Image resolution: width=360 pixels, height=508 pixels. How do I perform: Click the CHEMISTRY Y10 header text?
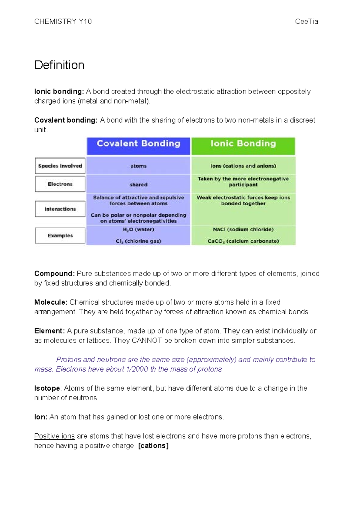(x=63, y=22)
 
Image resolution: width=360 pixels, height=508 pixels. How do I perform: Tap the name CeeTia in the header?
(x=306, y=22)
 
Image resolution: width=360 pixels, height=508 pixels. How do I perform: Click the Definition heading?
(x=59, y=65)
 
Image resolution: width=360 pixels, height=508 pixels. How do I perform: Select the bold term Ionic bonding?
(x=59, y=91)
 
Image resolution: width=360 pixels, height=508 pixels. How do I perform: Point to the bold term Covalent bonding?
(x=66, y=120)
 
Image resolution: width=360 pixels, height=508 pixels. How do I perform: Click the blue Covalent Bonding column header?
(x=138, y=144)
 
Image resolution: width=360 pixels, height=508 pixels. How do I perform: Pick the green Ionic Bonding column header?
(x=243, y=144)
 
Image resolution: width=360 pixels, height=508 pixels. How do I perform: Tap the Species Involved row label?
(x=60, y=166)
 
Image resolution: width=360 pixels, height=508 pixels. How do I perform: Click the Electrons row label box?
(x=60, y=184)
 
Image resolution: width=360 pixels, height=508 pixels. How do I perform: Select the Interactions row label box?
(x=60, y=209)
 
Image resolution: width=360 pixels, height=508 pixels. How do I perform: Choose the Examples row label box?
(x=60, y=236)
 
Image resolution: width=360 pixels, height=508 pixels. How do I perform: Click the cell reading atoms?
(x=138, y=166)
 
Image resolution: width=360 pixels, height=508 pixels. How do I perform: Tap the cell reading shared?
(x=138, y=185)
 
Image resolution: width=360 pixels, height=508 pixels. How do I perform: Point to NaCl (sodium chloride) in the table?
(x=243, y=229)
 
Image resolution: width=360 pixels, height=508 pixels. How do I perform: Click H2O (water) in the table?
(x=138, y=229)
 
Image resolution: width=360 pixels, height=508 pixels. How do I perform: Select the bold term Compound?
(x=55, y=274)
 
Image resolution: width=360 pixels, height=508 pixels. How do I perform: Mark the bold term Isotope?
(x=47, y=388)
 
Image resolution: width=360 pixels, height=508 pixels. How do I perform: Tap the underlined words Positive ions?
(x=55, y=436)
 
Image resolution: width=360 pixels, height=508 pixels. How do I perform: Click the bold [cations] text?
(x=153, y=446)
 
